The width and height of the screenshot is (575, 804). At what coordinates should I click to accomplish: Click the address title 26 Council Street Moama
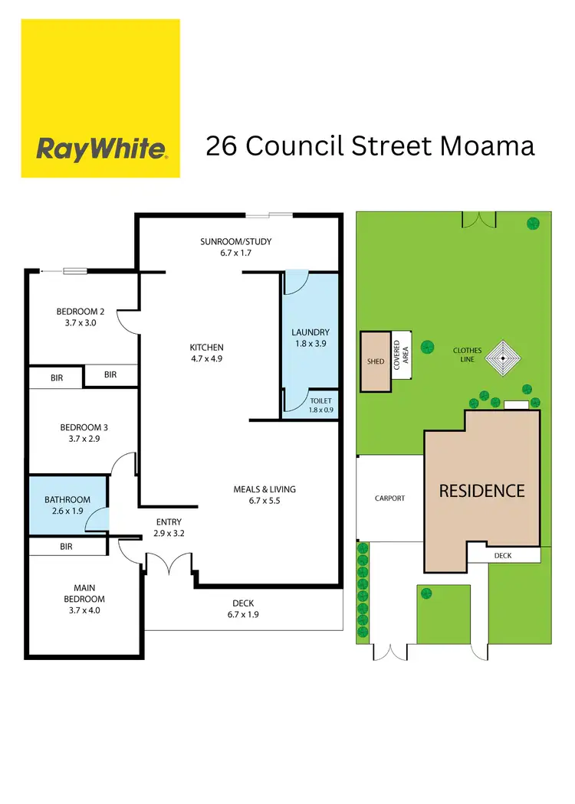pos(370,145)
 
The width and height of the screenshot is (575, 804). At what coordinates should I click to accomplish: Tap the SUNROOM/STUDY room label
pos(236,242)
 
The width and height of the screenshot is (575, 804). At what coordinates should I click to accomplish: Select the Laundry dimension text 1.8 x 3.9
pos(310,345)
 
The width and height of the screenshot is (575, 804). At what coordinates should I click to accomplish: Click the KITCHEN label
pos(207,348)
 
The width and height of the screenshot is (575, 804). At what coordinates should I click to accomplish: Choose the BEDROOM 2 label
pos(80,312)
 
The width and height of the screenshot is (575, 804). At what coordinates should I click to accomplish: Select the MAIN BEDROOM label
pos(84,593)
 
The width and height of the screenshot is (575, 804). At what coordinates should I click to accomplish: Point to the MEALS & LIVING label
pos(264,489)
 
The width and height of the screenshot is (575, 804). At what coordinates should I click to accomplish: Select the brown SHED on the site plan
pos(376,361)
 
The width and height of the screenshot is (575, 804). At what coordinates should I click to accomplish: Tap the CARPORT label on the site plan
pos(389,498)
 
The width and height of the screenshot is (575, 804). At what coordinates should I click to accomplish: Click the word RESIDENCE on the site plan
pos(481,491)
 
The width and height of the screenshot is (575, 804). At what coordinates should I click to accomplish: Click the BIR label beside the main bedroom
pos(66,547)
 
